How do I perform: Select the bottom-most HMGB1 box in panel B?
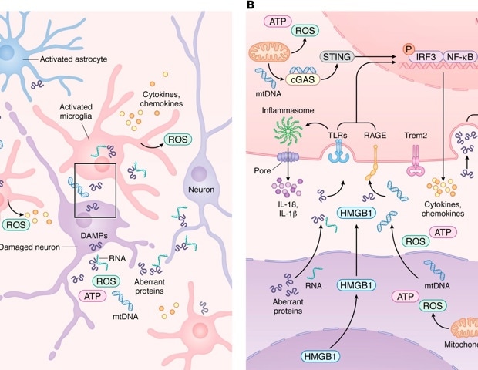316,357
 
